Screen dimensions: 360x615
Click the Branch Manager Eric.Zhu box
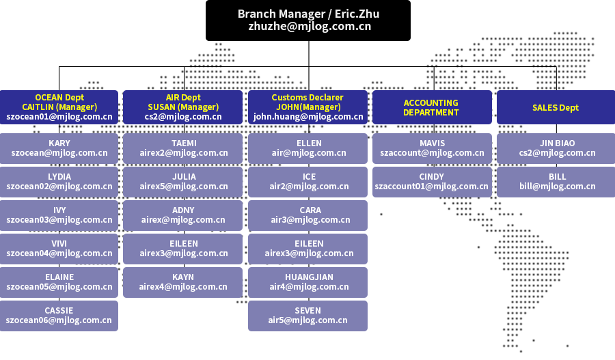pyautogui.click(x=308, y=20)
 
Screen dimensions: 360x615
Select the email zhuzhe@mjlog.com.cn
pyautogui.click(x=310, y=27)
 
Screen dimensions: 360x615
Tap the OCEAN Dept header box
pyautogui.click(x=59, y=107)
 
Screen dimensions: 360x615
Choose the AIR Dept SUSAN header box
pyautogui.click(x=183, y=107)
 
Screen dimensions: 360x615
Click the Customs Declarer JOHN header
pyautogui.click(x=308, y=107)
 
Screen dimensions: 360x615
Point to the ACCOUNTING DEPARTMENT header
pyautogui.click(x=431, y=107)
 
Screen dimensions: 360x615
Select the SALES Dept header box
pyautogui.click(x=556, y=107)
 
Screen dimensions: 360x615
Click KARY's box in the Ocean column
pyautogui.click(x=59, y=148)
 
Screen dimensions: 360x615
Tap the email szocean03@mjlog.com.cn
pyautogui.click(x=59, y=220)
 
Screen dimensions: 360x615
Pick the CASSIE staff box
pyautogui.click(x=59, y=316)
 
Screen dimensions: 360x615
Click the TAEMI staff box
pyautogui.click(x=183, y=148)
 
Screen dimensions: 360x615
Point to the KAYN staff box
pyautogui.click(x=183, y=282)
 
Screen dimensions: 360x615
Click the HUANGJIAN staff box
pyautogui.click(x=308, y=282)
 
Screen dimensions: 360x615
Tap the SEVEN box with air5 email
pyautogui.click(x=308, y=316)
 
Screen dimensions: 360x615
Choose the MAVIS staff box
pyautogui.click(x=431, y=148)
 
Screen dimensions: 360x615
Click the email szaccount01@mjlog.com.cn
pyautogui.click(x=432, y=186)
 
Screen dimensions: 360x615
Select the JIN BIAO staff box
pyautogui.click(x=556, y=148)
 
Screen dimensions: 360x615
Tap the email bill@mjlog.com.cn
pyautogui.click(x=557, y=186)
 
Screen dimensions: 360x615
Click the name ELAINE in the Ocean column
pyautogui.click(x=59, y=277)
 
